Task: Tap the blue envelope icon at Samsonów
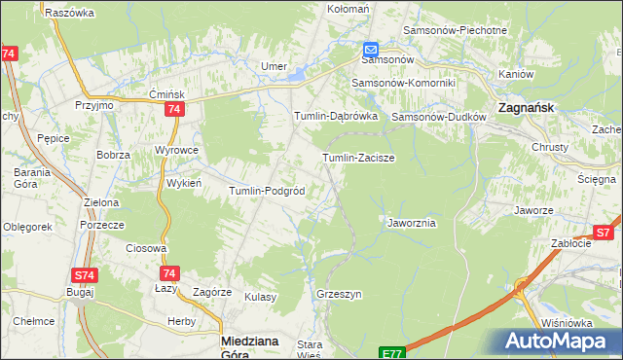coord(371,50)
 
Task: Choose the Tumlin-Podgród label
coord(268,191)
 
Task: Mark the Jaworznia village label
coord(411,223)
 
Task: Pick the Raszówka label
coord(68,13)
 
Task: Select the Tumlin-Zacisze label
coord(357,157)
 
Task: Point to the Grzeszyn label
coord(339,293)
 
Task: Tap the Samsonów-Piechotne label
coord(463,30)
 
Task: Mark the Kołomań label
coord(348,9)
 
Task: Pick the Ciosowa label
coord(146,248)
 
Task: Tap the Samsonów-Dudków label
coord(436,117)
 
